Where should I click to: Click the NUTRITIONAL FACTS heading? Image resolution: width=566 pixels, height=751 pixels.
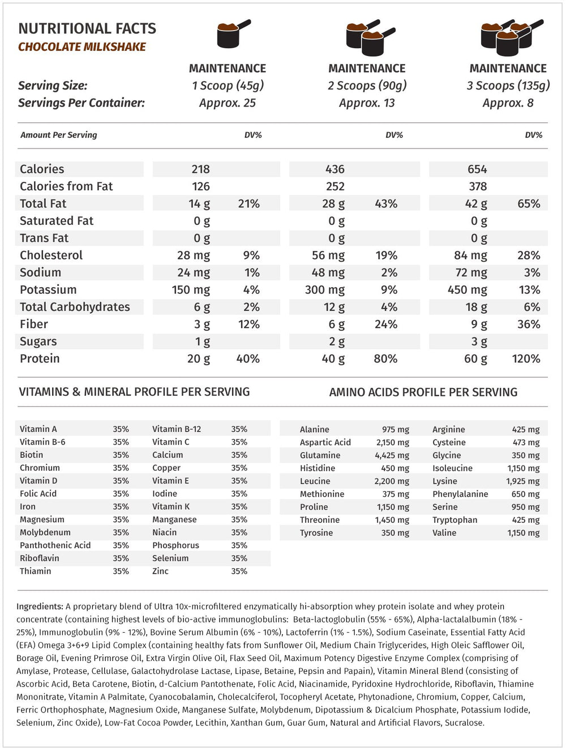point(87,28)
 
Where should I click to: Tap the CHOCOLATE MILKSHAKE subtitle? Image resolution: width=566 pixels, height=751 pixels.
point(82,47)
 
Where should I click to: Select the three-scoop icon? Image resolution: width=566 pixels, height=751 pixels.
point(511,36)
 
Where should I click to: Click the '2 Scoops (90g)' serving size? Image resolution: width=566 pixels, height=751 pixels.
point(367,86)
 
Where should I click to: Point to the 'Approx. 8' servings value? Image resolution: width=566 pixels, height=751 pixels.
point(508,103)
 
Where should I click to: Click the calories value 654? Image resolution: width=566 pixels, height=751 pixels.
point(477,169)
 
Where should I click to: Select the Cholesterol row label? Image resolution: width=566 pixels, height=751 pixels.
point(51,255)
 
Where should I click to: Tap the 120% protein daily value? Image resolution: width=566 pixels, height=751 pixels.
point(526,359)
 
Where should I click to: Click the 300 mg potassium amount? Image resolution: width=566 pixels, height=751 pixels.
point(324,290)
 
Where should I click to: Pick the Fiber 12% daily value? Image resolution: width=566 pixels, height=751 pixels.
point(248,325)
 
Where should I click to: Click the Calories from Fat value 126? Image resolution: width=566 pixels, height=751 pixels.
point(200,186)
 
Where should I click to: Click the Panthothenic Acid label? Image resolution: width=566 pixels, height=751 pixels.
point(55,545)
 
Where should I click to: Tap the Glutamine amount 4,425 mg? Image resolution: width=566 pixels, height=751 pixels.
point(392,455)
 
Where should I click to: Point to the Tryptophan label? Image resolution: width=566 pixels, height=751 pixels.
point(454,520)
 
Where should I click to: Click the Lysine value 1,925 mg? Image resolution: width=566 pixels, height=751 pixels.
point(522,481)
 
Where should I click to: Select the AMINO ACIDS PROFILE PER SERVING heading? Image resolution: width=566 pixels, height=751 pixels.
point(423,392)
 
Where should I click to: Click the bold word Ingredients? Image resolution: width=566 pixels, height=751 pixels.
point(40,607)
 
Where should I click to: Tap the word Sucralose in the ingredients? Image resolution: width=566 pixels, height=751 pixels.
point(464,723)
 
